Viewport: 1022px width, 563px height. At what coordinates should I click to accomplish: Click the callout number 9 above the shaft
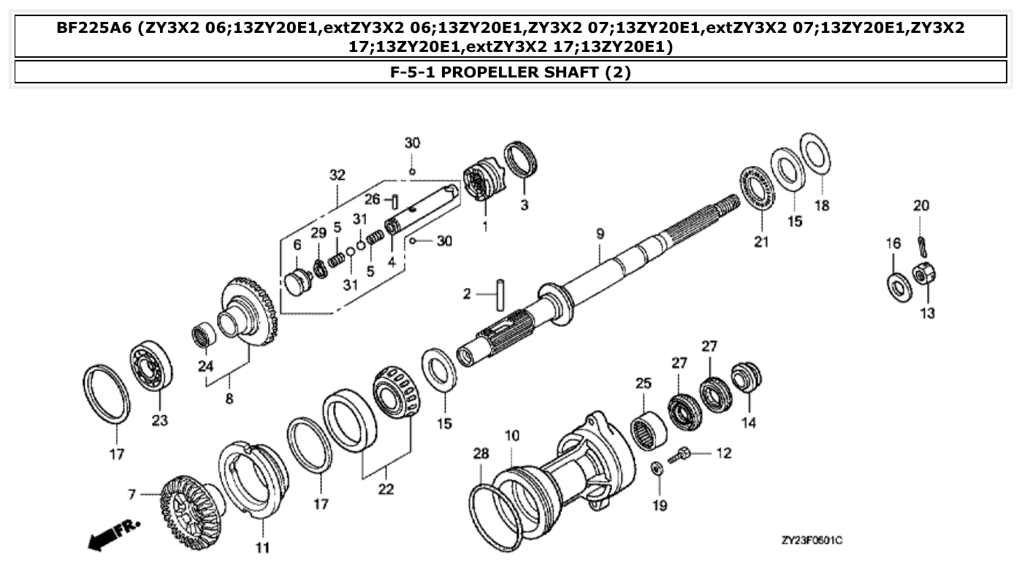coord(600,234)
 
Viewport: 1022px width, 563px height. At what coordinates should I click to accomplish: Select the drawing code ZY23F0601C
coord(812,540)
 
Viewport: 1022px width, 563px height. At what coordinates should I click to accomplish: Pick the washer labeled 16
coord(897,284)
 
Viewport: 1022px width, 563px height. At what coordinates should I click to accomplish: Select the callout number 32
coord(337,175)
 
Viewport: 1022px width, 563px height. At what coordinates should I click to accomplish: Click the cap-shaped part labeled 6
coord(297,281)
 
